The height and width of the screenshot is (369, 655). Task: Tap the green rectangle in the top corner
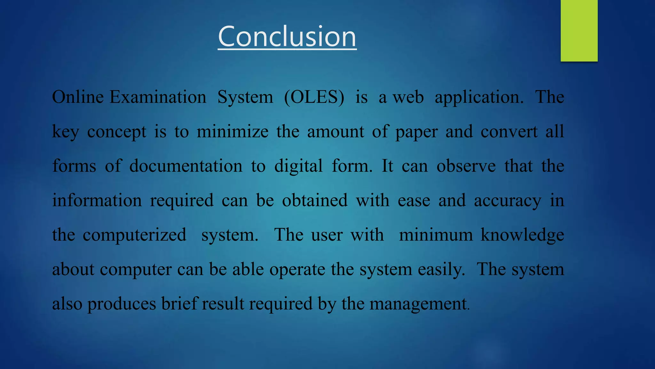[x=579, y=30]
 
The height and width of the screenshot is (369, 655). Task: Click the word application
[x=479, y=98]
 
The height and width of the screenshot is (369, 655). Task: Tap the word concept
[x=117, y=132]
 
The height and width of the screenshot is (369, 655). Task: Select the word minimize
[x=233, y=131]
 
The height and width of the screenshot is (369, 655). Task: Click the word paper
[x=416, y=132]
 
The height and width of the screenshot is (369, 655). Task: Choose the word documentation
[x=186, y=166]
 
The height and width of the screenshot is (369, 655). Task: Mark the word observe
[x=466, y=166]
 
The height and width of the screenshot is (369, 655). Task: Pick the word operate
[x=297, y=270]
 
